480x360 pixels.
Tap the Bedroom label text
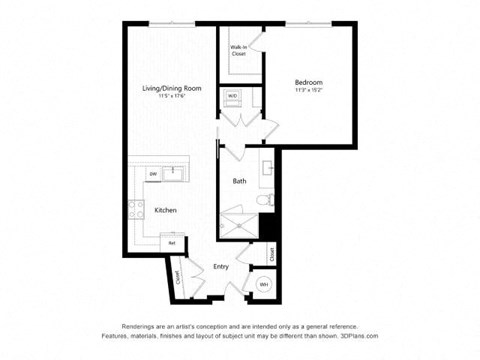click(308, 82)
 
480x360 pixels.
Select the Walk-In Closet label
click(238, 50)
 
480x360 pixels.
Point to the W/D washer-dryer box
click(233, 97)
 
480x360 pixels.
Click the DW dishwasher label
click(153, 175)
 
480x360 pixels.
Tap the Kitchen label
click(165, 210)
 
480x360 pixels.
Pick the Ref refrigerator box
click(172, 242)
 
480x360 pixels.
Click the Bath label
click(240, 181)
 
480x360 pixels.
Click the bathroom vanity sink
click(267, 168)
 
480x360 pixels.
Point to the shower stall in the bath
click(239, 222)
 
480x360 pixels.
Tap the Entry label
click(222, 267)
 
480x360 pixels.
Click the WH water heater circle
click(264, 284)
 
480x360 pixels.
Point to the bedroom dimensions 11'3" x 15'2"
click(308, 90)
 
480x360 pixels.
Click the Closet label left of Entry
click(178, 276)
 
